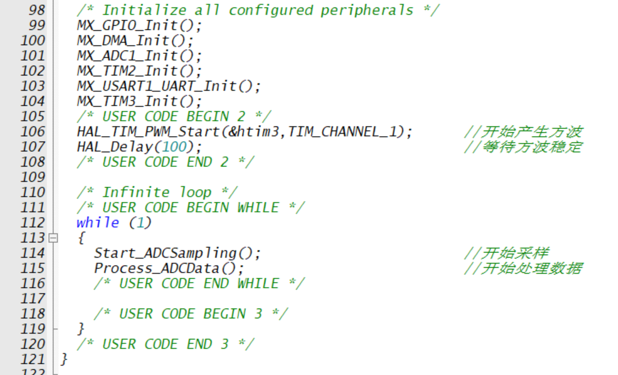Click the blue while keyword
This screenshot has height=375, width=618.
point(98,223)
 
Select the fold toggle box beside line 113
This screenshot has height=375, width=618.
point(53,238)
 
